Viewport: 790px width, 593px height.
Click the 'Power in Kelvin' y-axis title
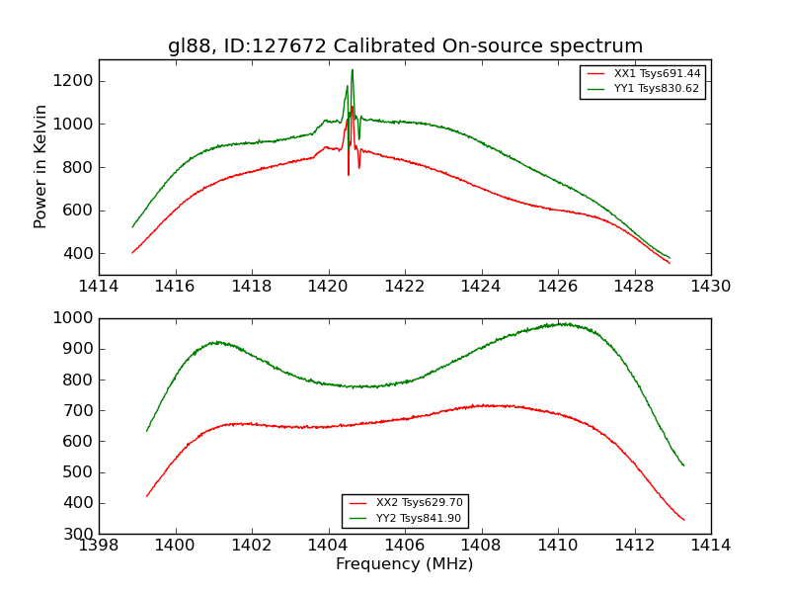(x=40, y=166)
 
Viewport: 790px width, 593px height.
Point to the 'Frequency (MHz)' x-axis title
(x=405, y=564)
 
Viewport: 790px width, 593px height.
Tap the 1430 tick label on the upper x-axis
(x=711, y=287)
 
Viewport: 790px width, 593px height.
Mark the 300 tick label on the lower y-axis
(x=77, y=534)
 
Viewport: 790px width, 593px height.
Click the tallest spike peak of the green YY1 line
(x=352, y=69)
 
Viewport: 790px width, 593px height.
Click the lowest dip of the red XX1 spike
(x=349, y=175)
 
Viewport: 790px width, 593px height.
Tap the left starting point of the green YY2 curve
(x=147, y=430)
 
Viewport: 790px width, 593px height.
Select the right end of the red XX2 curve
(x=683, y=520)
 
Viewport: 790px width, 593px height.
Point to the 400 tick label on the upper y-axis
(x=77, y=254)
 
